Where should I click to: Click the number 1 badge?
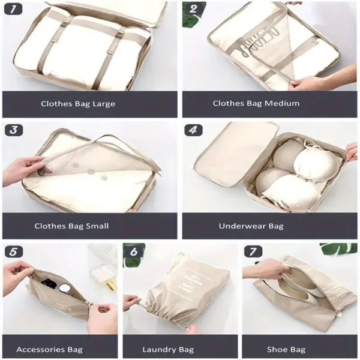pyautogui.click(x=14, y=10)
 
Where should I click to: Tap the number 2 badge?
pyautogui.click(x=194, y=9)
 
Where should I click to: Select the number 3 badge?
pyautogui.click(x=14, y=130)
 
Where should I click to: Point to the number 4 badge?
pyautogui.click(x=194, y=130)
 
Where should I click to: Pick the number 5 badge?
pyautogui.click(x=13, y=251)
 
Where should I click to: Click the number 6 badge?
pyautogui.click(x=134, y=251)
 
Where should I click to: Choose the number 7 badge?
pyautogui.click(x=254, y=251)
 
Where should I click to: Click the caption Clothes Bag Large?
pyautogui.click(x=78, y=104)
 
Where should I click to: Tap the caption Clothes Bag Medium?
pyautogui.click(x=256, y=103)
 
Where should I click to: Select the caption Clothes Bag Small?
pyautogui.click(x=71, y=226)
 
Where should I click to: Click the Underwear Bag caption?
pyautogui.click(x=259, y=226)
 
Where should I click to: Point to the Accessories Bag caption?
pyautogui.click(x=49, y=349)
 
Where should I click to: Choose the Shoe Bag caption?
pyautogui.click(x=286, y=349)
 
